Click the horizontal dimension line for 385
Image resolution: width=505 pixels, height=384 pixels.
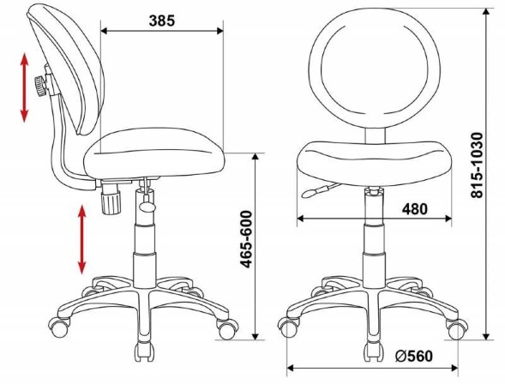pyautogui.click(x=161, y=32)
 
